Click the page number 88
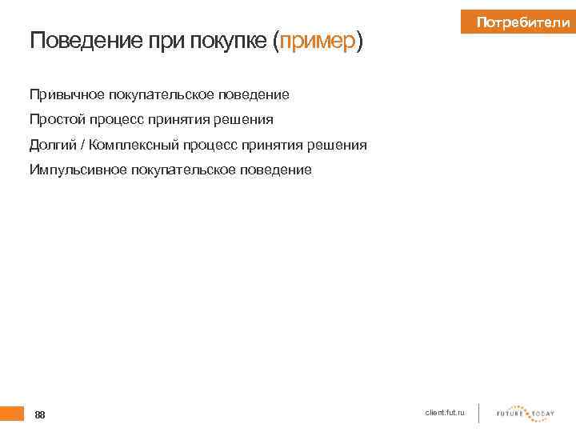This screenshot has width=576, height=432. [40, 414]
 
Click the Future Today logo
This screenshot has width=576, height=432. [525, 413]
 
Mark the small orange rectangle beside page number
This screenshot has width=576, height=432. [12, 413]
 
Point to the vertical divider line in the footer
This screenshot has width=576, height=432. [478, 413]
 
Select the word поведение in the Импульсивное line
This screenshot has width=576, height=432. [276, 170]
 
